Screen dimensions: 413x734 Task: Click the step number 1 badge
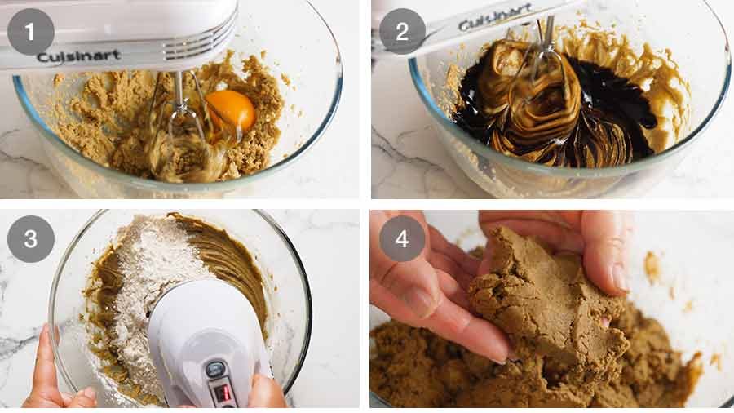tap(31, 32)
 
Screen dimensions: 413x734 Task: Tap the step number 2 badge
tap(402, 32)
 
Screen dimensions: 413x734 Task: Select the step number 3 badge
tap(31, 238)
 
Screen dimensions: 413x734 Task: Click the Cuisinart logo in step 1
tap(78, 56)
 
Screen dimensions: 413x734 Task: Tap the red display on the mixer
tap(222, 393)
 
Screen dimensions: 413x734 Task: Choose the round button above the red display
tap(216, 370)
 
